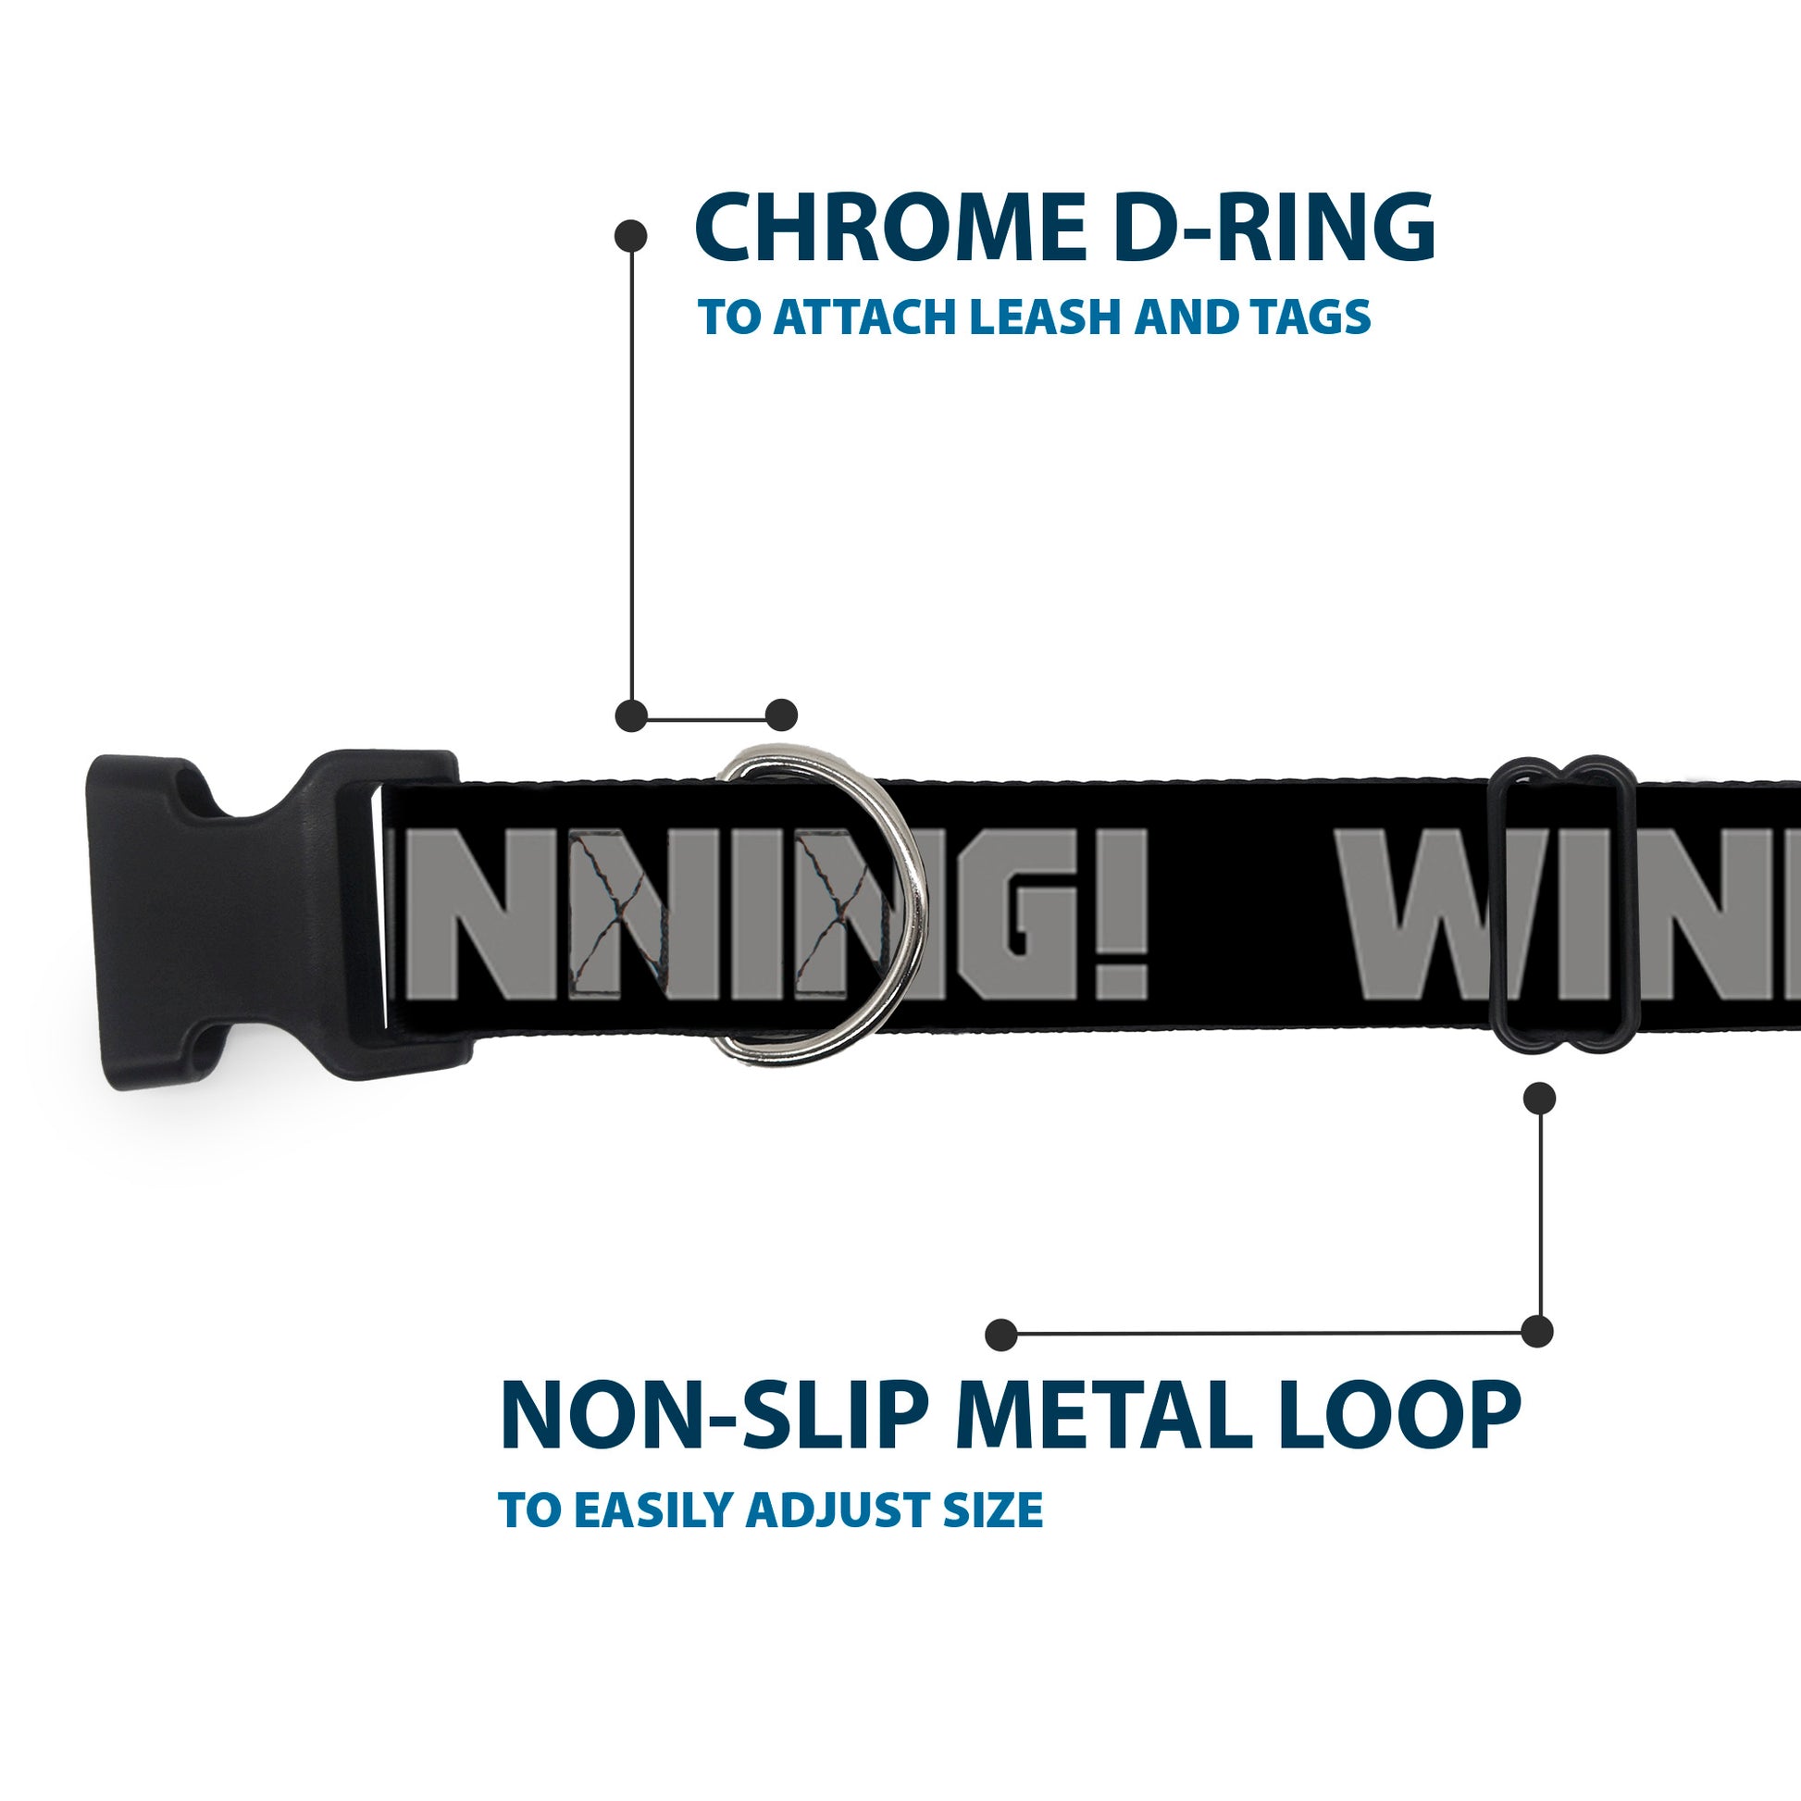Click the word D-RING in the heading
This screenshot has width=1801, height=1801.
tap(1273, 228)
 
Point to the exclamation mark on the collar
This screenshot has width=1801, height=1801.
tap(1128, 913)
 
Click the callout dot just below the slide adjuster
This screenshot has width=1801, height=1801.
tap(1539, 1099)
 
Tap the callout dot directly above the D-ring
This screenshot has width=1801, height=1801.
tap(781, 715)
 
